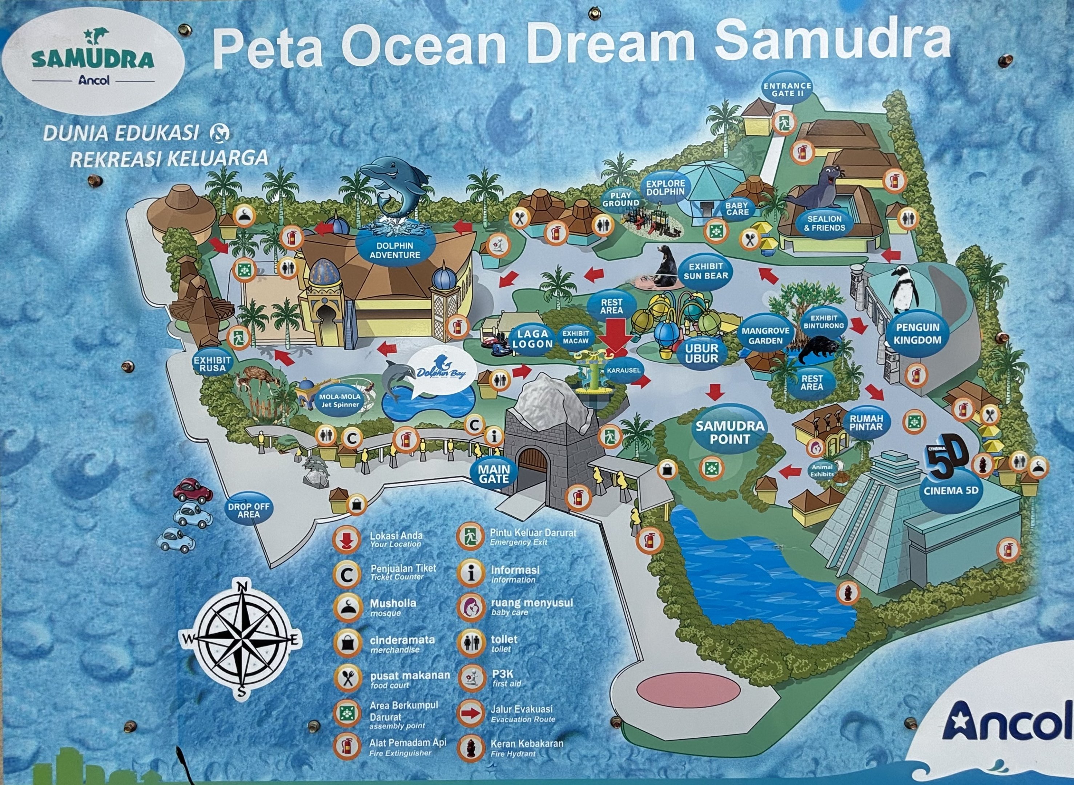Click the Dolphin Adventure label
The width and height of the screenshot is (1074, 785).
[395, 250]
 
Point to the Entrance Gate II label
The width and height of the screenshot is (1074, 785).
[787, 89]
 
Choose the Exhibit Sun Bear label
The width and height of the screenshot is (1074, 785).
[706, 271]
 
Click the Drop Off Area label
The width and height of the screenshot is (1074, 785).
[249, 510]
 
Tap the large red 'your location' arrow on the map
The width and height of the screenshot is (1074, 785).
[615, 335]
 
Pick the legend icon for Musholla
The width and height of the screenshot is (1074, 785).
[347, 608]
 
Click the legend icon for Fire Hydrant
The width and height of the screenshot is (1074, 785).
[470, 748]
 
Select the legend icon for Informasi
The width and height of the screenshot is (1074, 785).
[470, 573]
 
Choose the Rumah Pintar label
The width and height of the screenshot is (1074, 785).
[866, 422]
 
